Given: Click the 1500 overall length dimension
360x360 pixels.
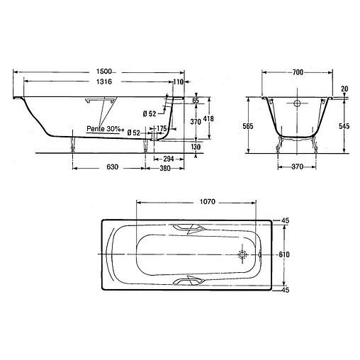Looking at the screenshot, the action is tap(103, 71).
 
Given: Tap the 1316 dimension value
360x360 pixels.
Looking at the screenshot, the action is tap(104, 81).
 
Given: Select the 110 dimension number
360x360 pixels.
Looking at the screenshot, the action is tap(179, 81).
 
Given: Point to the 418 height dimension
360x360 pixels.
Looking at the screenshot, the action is tap(208, 118).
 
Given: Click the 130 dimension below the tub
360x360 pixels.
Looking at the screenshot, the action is tap(196, 147).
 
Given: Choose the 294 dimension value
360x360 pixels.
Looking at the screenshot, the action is tap(169, 159).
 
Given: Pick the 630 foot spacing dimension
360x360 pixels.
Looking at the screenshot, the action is tap(112, 167).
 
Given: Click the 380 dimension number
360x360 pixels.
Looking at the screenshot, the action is tap(165, 168).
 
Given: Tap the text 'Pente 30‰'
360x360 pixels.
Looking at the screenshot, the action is tap(106, 129).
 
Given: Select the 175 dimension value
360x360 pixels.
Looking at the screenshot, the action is tap(162, 128).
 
